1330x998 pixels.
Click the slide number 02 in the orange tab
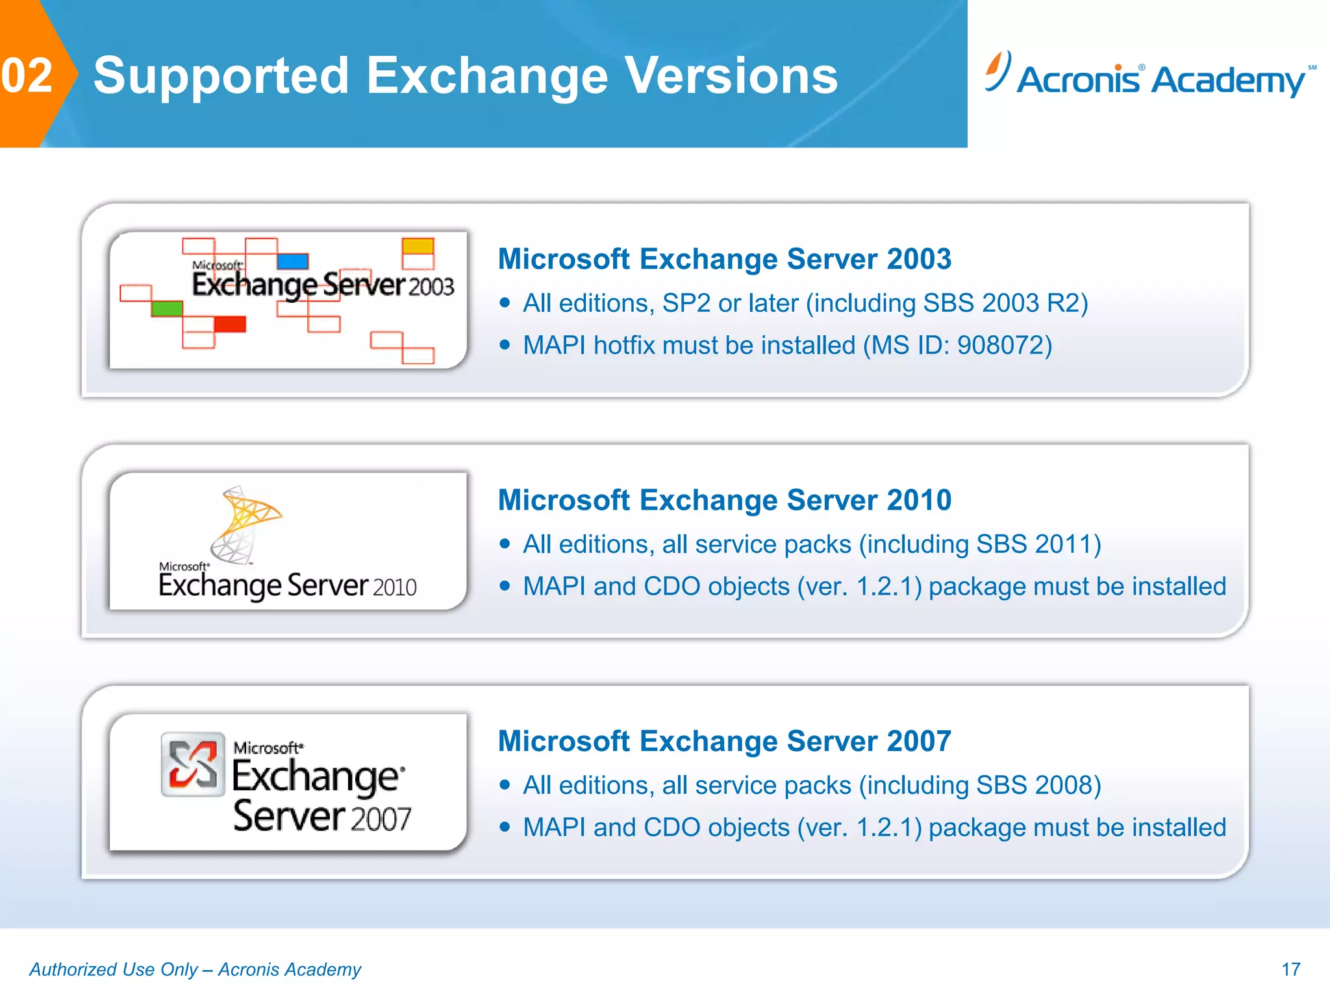(x=27, y=75)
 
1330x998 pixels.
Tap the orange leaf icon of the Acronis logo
(x=997, y=70)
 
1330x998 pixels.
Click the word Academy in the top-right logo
(x=1229, y=81)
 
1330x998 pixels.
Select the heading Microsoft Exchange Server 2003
(x=724, y=259)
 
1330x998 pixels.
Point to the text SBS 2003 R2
(x=1000, y=303)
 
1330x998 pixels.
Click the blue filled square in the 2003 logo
(x=292, y=261)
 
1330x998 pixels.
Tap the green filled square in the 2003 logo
(x=167, y=308)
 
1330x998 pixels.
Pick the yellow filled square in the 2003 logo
(x=418, y=246)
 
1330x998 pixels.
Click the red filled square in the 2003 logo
(x=230, y=324)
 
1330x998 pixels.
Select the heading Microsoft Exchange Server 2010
(x=724, y=500)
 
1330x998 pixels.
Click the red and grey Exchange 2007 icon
(x=192, y=764)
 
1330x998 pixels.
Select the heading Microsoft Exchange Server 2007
(x=724, y=741)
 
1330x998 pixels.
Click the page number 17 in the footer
(x=1290, y=969)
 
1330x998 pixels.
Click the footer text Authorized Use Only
(x=114, y=969)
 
